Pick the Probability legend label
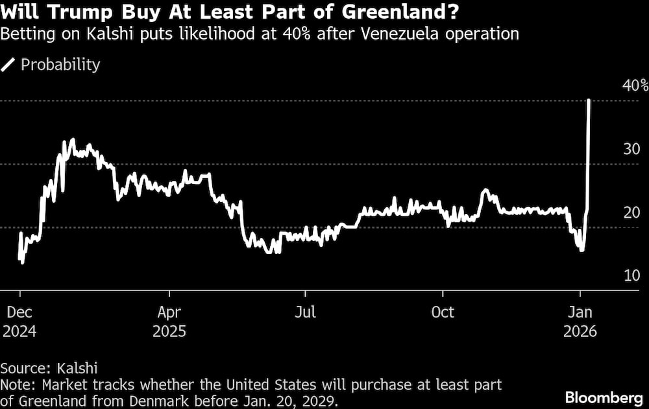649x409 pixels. [x=60, y=65]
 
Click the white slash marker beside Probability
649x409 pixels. [x=8, y=65]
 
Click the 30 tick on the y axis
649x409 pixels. [x=631, y=149]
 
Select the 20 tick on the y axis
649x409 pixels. [x=631, y=213]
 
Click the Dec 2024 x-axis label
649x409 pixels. [x=19, y=321]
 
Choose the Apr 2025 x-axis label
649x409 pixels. [x=169, y=321]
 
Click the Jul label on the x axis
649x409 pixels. [x=305, y=312]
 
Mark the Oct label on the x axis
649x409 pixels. [x=443, y=312]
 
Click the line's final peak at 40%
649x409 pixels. [x=588, y=100]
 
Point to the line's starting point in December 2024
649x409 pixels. [x=19, y=258]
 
